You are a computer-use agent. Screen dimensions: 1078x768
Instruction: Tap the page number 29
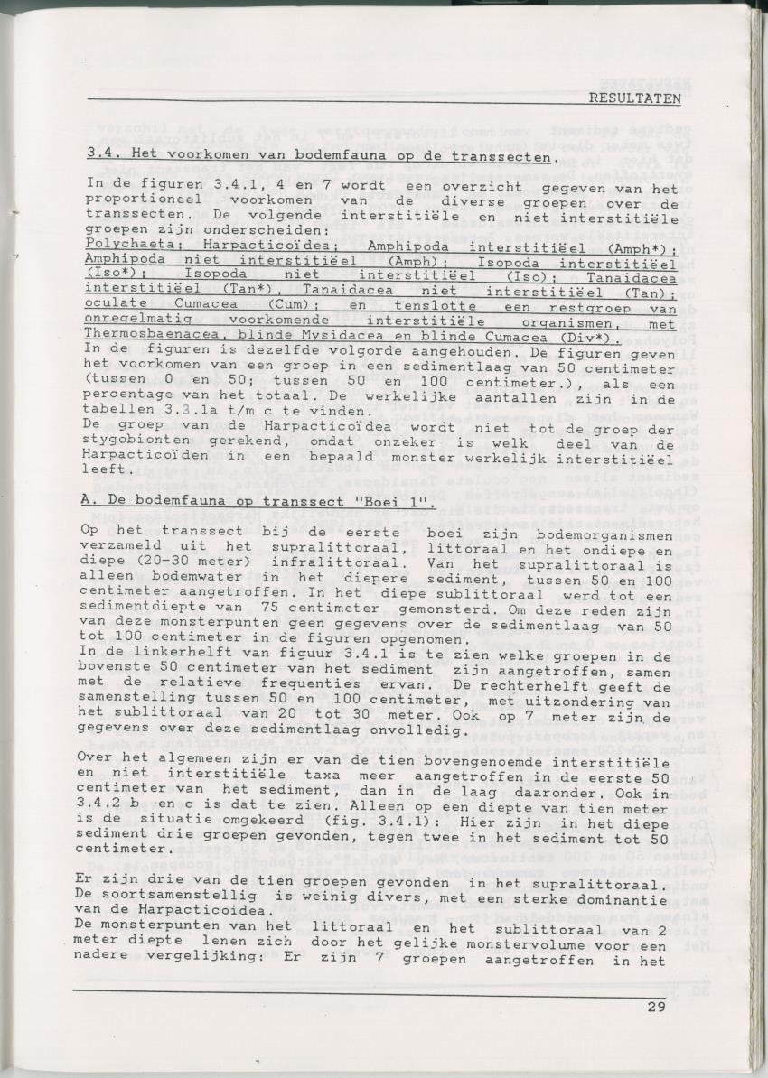[656, 1007]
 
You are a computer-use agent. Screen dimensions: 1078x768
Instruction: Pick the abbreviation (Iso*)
[109, 270]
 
